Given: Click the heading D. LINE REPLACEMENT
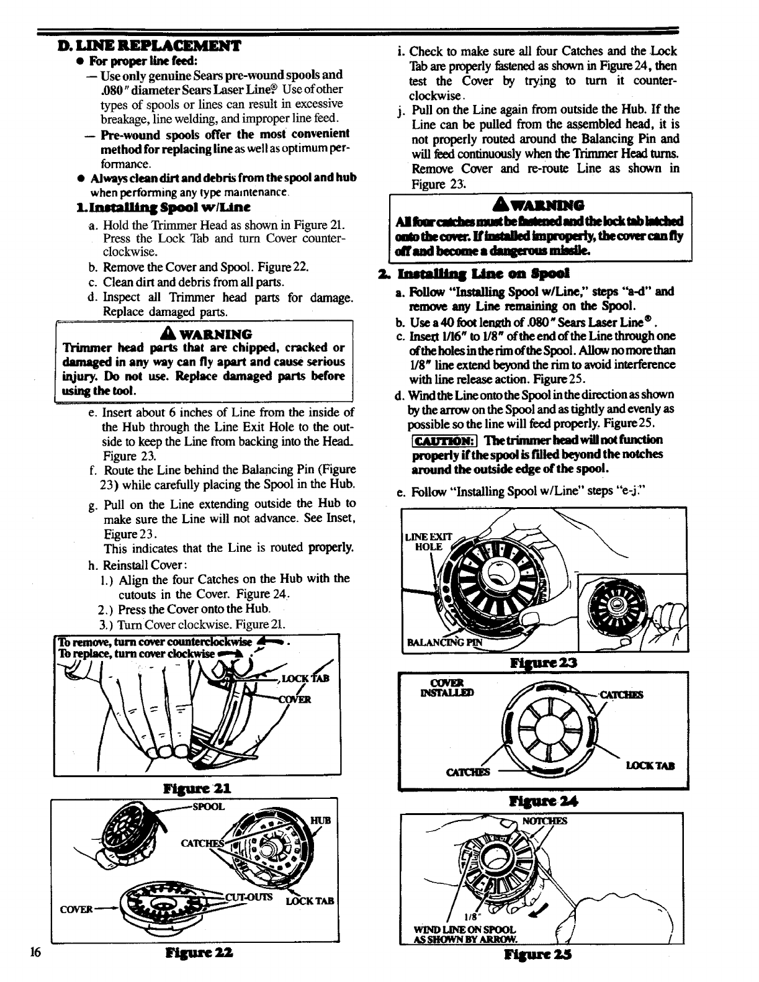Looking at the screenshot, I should tap(148, 46).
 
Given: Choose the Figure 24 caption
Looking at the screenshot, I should tap(545, 801).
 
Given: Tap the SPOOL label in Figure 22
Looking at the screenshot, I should tap(209, 807).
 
